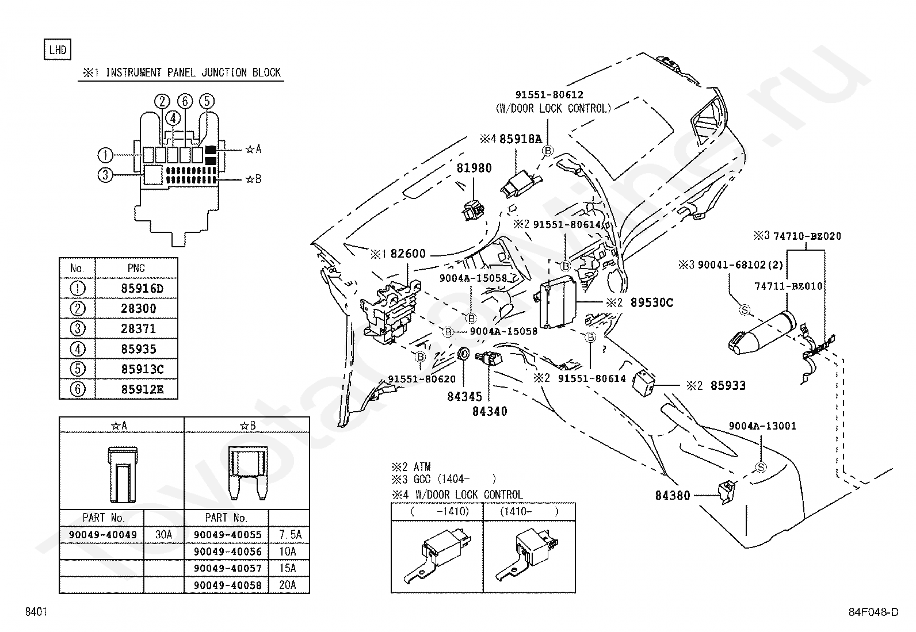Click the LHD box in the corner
coord(58,49)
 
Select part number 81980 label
coord(474,168)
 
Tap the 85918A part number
coord(520,139)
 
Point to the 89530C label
coord(651,302)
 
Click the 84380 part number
coord(672,496)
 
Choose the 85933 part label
coord(728,385)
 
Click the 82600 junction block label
coord(408,254)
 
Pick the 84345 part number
coord(464,397)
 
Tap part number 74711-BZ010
coord(788,286)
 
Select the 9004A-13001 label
coord(762,426)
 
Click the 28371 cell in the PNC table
coord(138,329)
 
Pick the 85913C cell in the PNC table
coord(142,369)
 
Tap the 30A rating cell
coord(163,535)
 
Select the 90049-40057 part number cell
coord(227,568)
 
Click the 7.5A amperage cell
coord(291,535)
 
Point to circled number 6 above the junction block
coord(185,101)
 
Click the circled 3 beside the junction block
coord(105,175)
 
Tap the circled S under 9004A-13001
coord(761,467)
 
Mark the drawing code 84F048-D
coord(873,612)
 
